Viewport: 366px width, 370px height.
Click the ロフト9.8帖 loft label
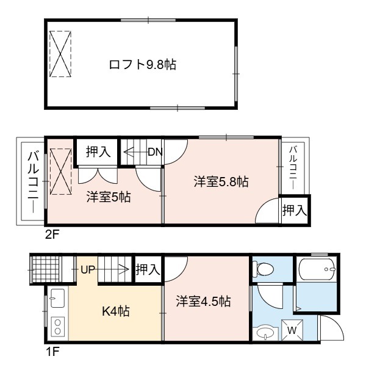pos(143,65)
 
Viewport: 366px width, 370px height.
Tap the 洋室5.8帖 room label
pos(221,182)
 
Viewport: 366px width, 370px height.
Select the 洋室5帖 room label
pos(109,197)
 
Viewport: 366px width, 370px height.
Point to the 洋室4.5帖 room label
pos(203,301)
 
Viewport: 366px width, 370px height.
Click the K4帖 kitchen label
pos(116,311)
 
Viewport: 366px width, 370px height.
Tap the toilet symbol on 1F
pos(263,269)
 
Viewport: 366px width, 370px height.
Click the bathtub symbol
pos(317,269)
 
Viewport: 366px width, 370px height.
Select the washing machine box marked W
pos(292,330)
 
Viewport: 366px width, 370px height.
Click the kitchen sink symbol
pos(57,298)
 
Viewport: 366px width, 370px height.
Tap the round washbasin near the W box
pos(265,333)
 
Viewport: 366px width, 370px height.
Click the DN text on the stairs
pos(155,152)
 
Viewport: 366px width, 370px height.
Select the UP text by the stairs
pos(88,269)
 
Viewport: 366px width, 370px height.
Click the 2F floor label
pos(52,234)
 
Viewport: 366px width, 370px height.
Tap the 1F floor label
pos(52,352)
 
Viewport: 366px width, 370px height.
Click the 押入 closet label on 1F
pos(148,269)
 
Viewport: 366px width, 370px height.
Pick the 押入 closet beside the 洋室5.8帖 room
pos(295,210)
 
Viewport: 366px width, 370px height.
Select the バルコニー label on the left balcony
pos(34,182)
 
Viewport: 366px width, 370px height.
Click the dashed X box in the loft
pos(60,54)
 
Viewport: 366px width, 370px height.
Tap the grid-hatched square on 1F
pos(46,269)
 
